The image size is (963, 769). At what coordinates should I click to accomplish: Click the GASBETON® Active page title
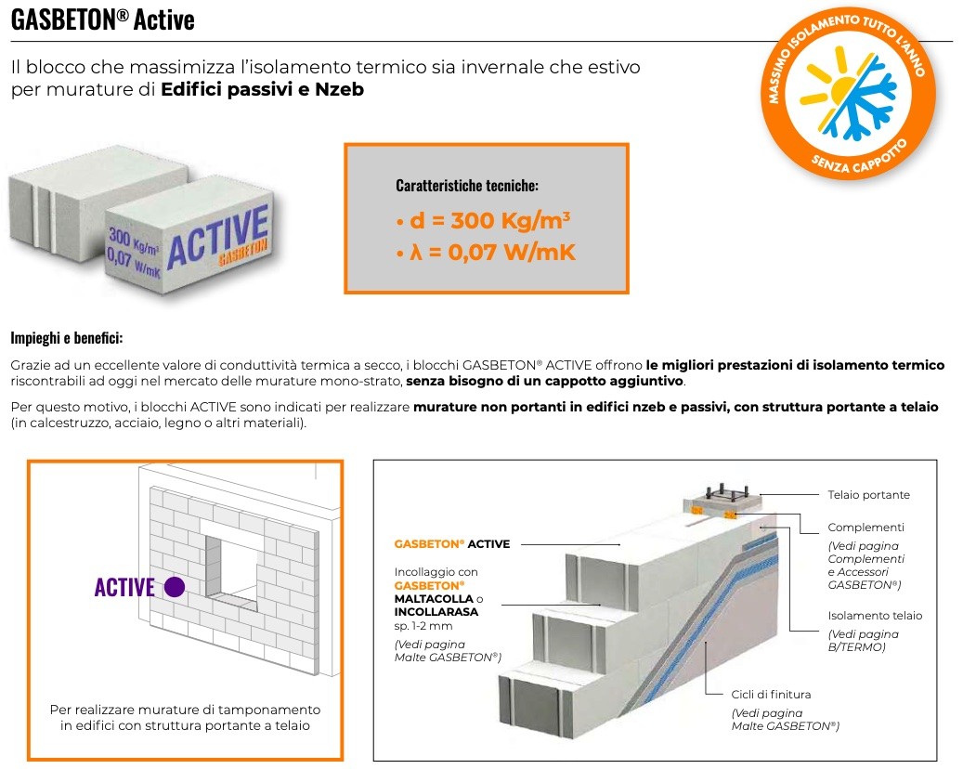coord(103,20)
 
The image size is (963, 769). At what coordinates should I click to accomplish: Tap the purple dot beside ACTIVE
coord(174,587)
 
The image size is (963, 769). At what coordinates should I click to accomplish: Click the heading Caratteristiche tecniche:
coord(467,186)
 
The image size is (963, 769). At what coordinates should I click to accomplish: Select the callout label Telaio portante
coord(868,495)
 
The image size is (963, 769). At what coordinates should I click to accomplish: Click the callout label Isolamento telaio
coord(875,615)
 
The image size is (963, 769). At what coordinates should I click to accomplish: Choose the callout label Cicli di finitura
coord(771,694)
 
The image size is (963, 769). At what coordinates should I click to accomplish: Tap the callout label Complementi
coord(865,527)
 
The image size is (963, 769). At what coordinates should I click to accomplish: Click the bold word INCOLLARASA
coord(436,612)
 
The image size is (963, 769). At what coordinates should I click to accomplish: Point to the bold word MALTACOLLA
coord(434,599)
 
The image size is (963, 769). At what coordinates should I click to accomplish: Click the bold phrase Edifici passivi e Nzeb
coord(262,90)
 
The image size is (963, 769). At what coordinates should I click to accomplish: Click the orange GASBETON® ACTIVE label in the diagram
coord(452,544)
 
